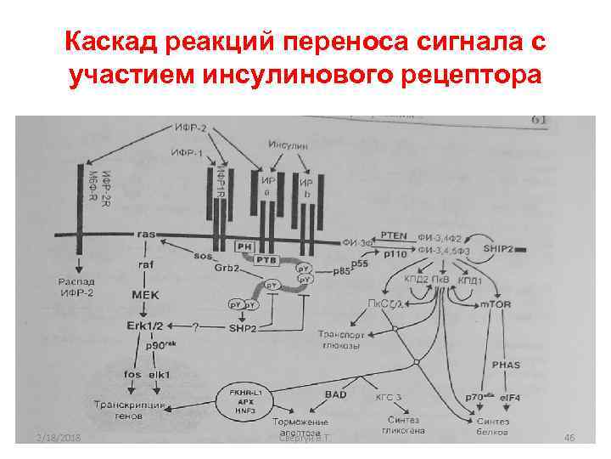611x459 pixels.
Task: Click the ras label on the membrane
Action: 148,233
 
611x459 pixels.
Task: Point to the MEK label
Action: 146,294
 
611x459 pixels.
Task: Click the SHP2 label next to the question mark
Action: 243,327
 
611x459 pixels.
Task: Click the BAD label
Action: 335,394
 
